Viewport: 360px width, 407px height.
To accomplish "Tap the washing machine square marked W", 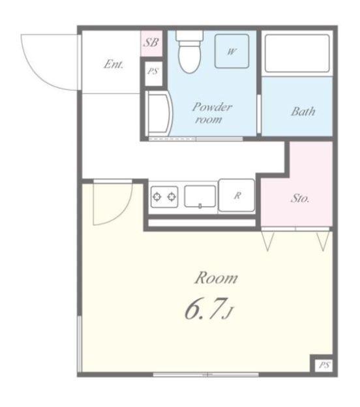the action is point(232,52).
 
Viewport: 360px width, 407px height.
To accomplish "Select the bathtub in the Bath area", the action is point(297,53).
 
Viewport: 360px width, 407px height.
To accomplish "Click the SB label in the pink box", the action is point(151,42).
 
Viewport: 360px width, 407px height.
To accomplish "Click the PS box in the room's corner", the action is point(324,365).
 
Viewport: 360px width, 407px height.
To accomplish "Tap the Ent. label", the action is point(113,64).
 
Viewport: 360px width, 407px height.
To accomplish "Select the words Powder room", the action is point(212,113).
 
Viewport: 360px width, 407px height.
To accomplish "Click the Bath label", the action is point(303,112).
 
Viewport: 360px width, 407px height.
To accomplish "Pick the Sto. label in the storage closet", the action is point(300,198).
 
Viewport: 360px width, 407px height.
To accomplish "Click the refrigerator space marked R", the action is point(237,195).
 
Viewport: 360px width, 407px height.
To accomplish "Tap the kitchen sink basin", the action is point(200,196).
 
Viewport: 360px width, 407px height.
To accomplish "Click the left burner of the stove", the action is point(157,197).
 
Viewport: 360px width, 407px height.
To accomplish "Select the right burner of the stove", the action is point(172,197).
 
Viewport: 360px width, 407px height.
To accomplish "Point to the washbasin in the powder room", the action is point(158,113).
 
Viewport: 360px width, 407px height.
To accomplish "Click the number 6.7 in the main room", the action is point(204,308).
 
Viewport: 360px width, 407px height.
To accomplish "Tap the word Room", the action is point(217,278).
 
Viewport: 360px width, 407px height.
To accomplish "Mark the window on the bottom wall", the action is point(205,374).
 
